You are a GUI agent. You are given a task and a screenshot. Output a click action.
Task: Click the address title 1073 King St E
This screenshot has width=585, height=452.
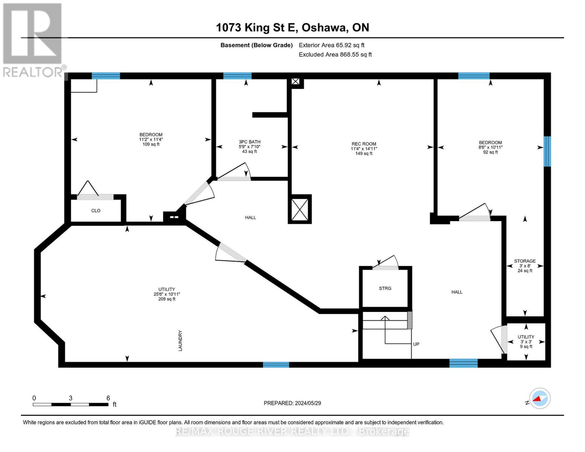[x=292, y=27]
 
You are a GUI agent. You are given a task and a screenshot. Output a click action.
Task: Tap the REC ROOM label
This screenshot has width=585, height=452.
[x=364, y=144]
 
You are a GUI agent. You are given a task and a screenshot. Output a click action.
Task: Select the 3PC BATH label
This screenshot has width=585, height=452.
[x=249, y=142]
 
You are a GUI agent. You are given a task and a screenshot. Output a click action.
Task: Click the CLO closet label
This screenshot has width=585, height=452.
[x=96, y=211]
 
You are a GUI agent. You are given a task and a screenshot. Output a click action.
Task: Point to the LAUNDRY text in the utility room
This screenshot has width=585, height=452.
[x=180, y=341]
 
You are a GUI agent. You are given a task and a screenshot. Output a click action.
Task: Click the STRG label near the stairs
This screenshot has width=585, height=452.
[x=385, y=288]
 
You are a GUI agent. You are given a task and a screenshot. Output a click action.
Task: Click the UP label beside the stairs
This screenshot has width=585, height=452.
[x=416, y=344]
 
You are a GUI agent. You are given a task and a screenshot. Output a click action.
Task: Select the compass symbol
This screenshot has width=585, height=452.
[x=539, y=399]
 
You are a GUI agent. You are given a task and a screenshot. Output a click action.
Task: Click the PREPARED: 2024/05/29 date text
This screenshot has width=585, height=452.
[x=292, y=403]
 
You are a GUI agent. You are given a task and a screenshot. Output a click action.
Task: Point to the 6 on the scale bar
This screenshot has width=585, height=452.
[x=108, y=398]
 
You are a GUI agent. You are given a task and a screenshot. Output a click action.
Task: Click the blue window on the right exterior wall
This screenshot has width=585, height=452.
[x=547, y=151]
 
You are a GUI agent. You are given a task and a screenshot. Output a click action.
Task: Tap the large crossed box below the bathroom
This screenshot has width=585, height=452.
[x=300, y=209]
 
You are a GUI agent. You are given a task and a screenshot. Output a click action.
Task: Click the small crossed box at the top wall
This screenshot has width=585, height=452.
[x=296, y=82]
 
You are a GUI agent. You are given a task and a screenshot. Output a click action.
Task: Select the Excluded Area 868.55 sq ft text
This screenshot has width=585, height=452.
[x=335, y=55]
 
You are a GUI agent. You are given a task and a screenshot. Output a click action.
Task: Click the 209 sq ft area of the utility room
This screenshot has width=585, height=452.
[x=166, y=299]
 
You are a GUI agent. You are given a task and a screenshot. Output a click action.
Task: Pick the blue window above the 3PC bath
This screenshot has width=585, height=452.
[x=237, y=76]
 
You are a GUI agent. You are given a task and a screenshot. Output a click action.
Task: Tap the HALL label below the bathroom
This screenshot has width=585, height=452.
[x=250, y=217]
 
